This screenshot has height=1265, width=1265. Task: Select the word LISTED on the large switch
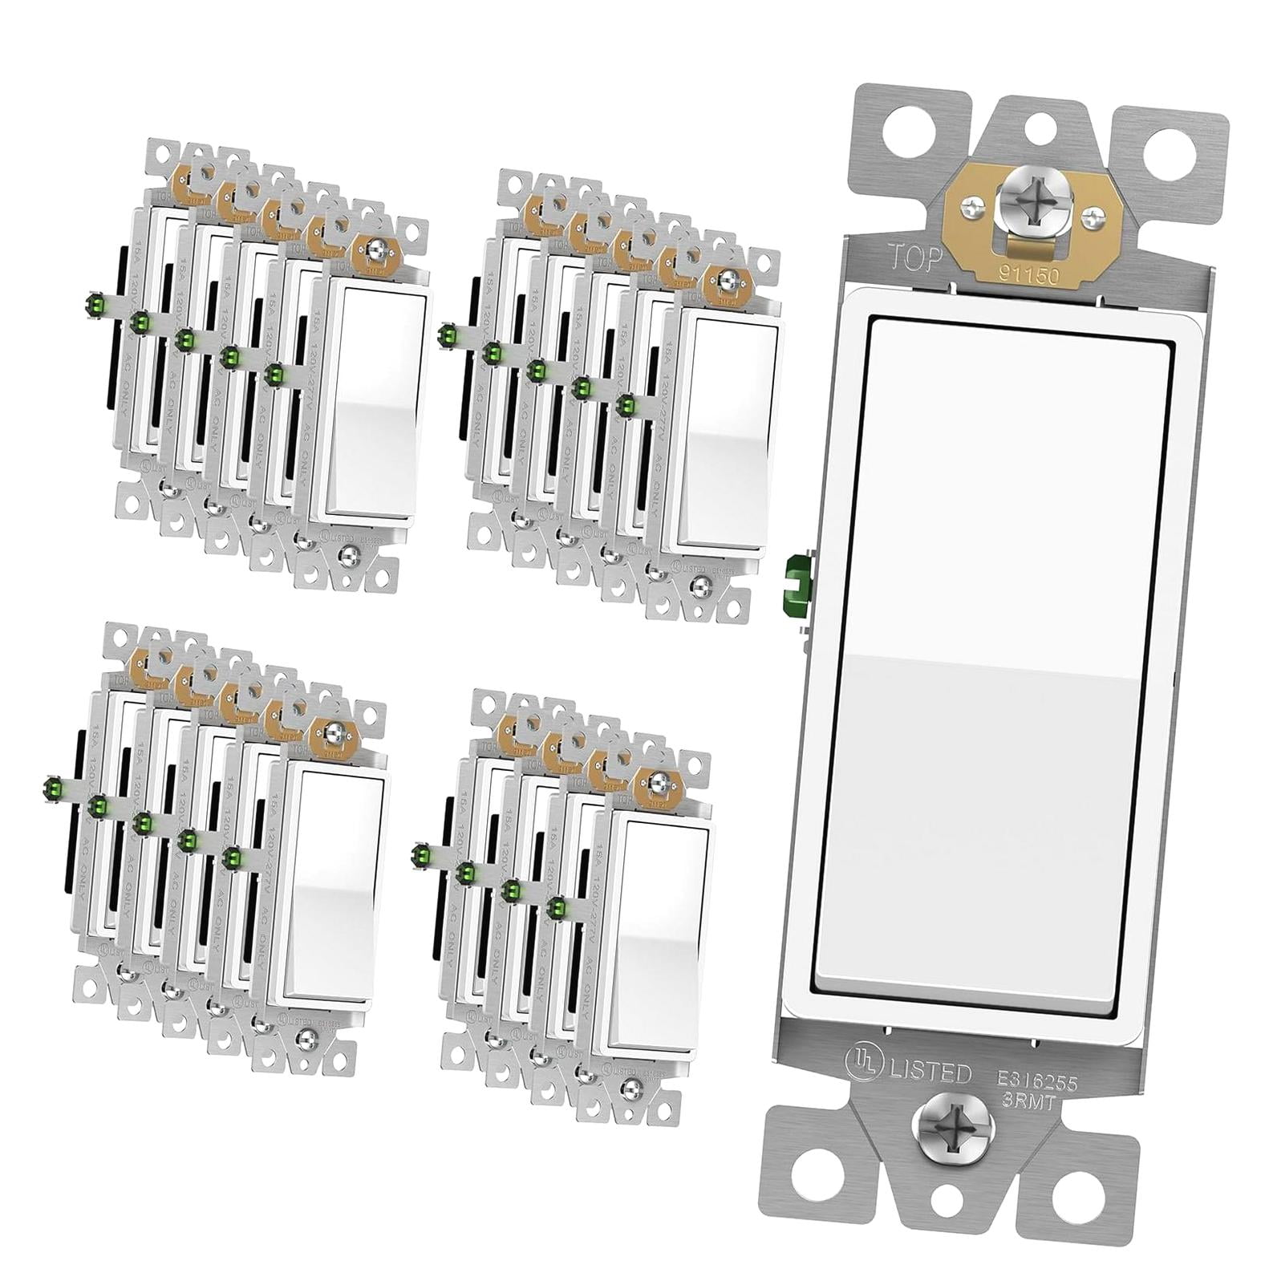(930, 1073)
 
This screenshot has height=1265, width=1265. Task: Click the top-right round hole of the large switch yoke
(1189, 148)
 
